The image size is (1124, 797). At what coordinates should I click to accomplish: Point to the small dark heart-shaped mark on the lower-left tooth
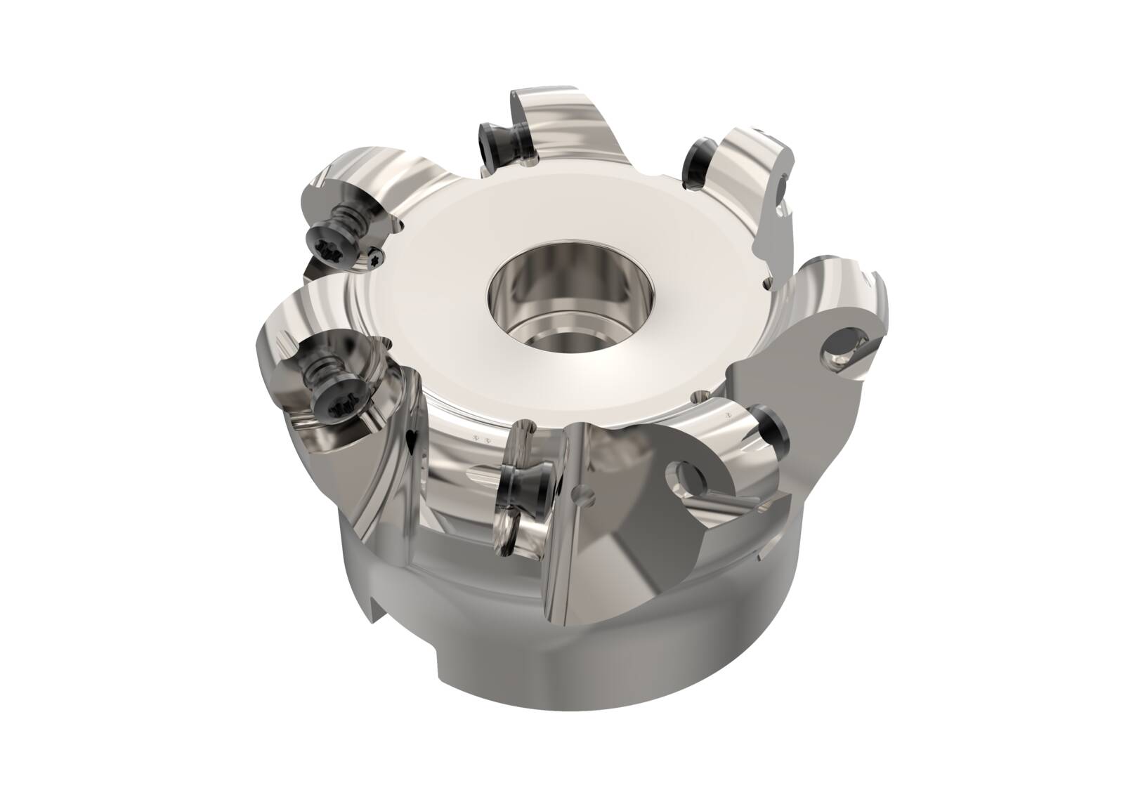pyautogui.click(x=412, y=440)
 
